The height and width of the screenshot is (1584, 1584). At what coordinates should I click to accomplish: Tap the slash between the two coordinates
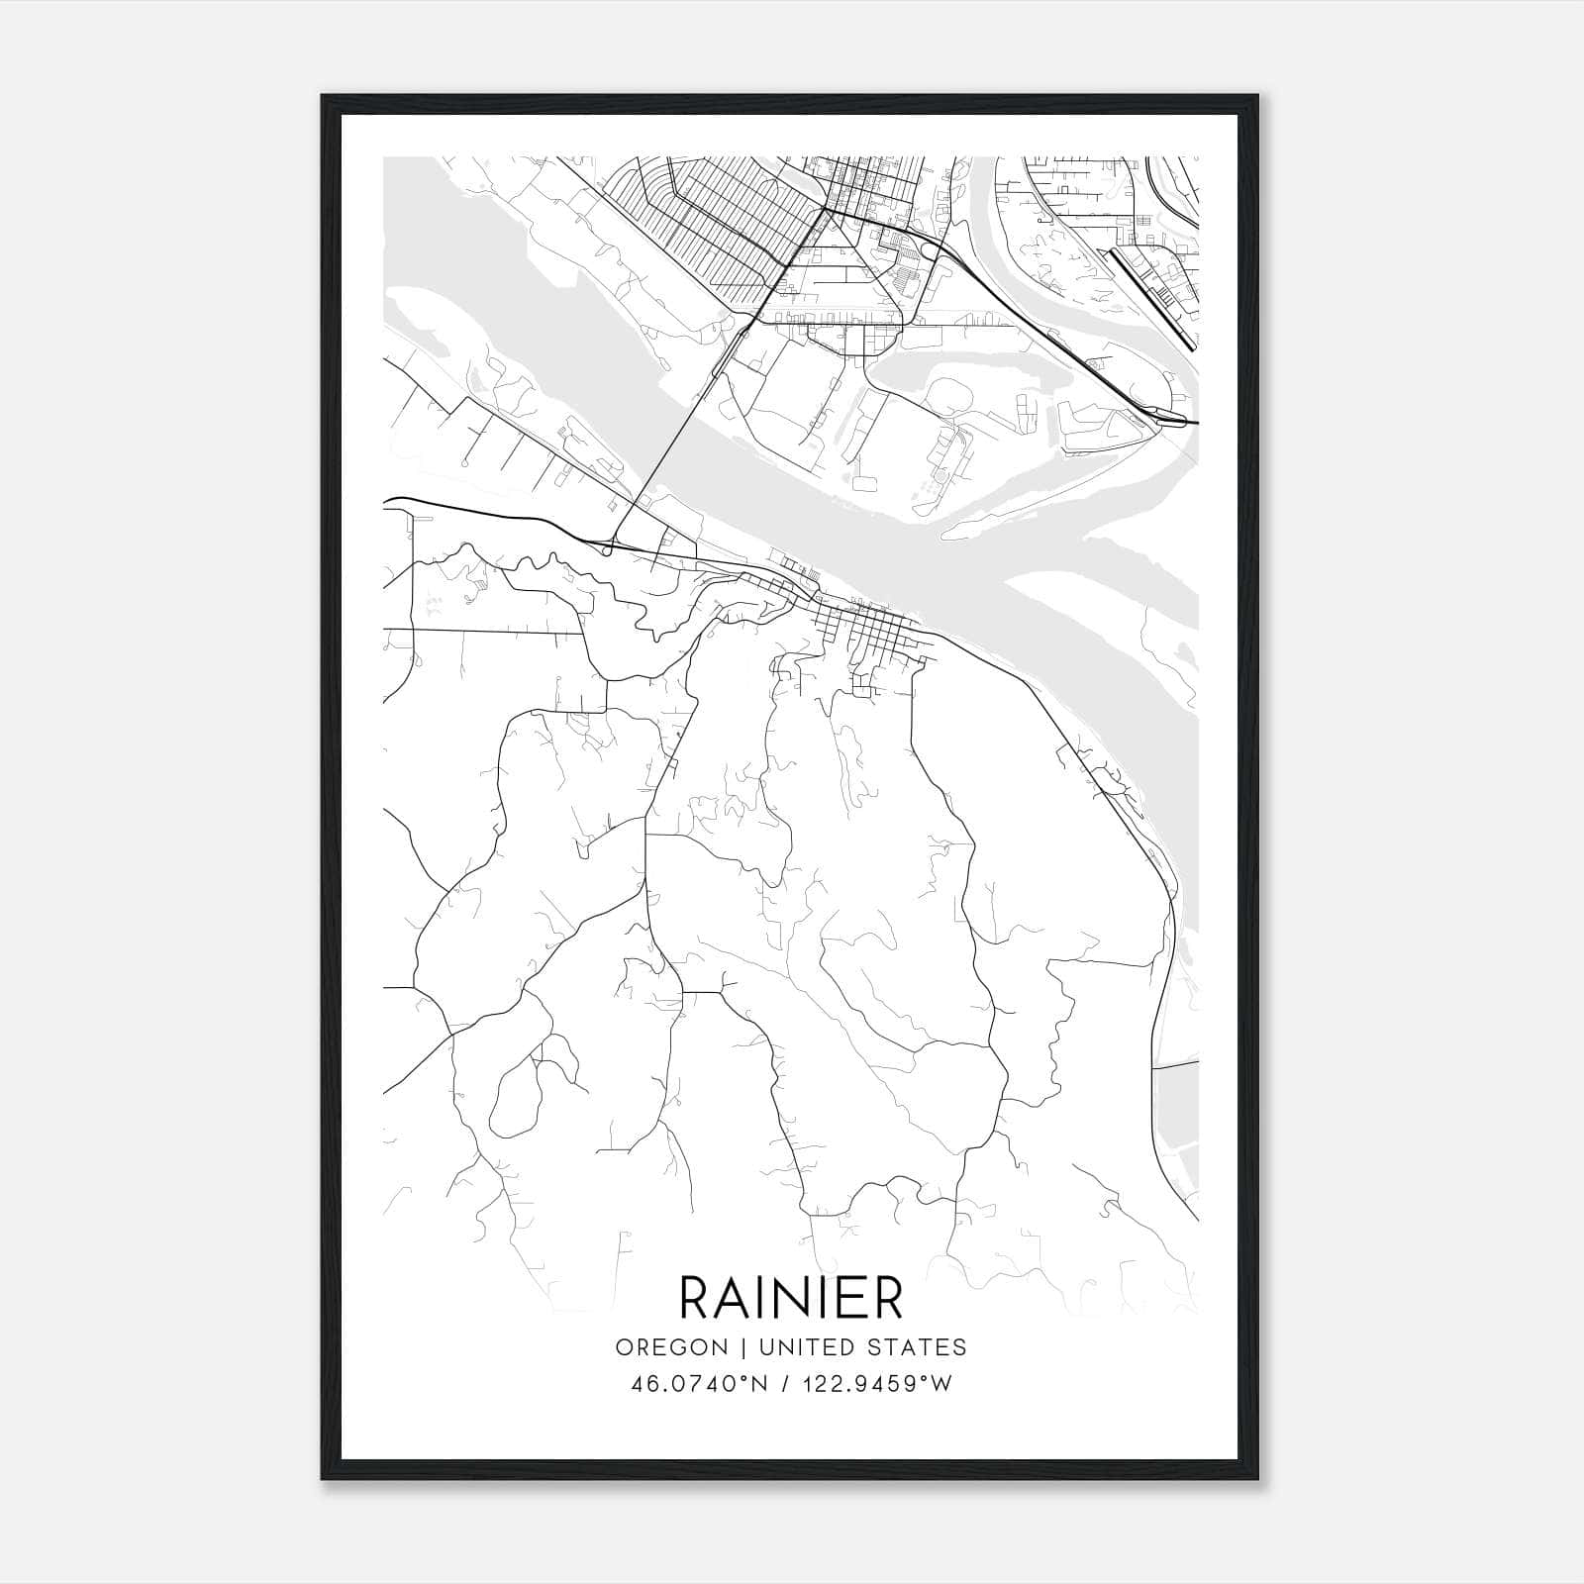click(787, 1384)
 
